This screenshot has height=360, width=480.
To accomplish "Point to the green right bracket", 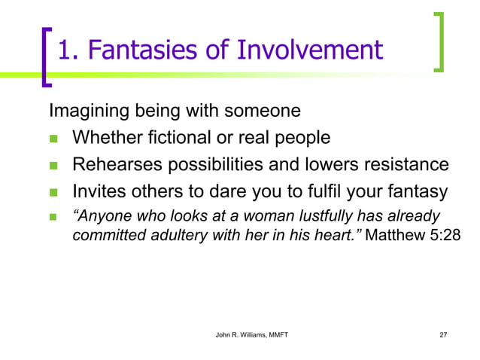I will coord(439,42).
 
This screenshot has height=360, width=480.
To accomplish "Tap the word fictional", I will coord(178,138).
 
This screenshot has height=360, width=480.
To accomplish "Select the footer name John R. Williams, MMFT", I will coord(246,334).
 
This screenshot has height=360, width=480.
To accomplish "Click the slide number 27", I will coord(442,334).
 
